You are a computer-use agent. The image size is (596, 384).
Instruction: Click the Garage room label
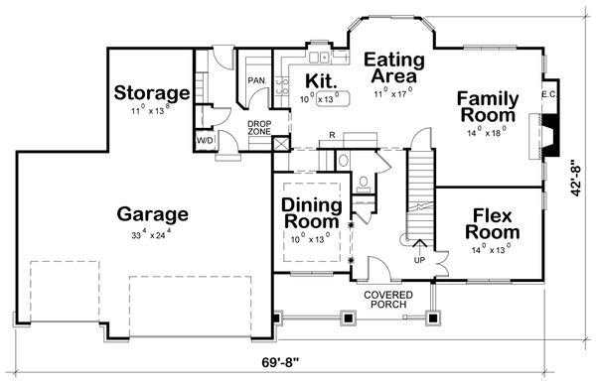[153, 213]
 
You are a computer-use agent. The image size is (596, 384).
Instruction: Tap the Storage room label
[151, 93]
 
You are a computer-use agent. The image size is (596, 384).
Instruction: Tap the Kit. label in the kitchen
[320, 79]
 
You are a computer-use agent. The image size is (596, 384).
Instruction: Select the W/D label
[206, 142]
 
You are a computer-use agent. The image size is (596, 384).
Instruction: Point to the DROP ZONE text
[259, 128]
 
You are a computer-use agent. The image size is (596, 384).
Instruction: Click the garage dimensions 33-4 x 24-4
[153, 236]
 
